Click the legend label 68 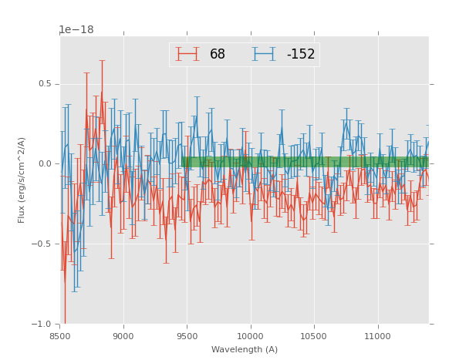(x=218, y=55)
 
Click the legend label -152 (x=301, y=55)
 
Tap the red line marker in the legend (x=187, y=54)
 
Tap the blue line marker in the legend (x=263, y=54)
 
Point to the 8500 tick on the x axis (x=60, y=337)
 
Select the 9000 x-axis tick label (x=123, y=337)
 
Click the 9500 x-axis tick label (x=187, y=337)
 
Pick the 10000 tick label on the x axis (x=251, y=337)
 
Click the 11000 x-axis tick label (x=378, y=337)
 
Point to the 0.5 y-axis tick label (x=45, y=84)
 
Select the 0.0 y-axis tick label (x=45, y=163)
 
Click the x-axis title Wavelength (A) (x=245, y=350)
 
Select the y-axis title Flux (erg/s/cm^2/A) (x=22, y=180)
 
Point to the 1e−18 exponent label (x=76, y=30)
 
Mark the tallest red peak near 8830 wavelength (x=102, y=93)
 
